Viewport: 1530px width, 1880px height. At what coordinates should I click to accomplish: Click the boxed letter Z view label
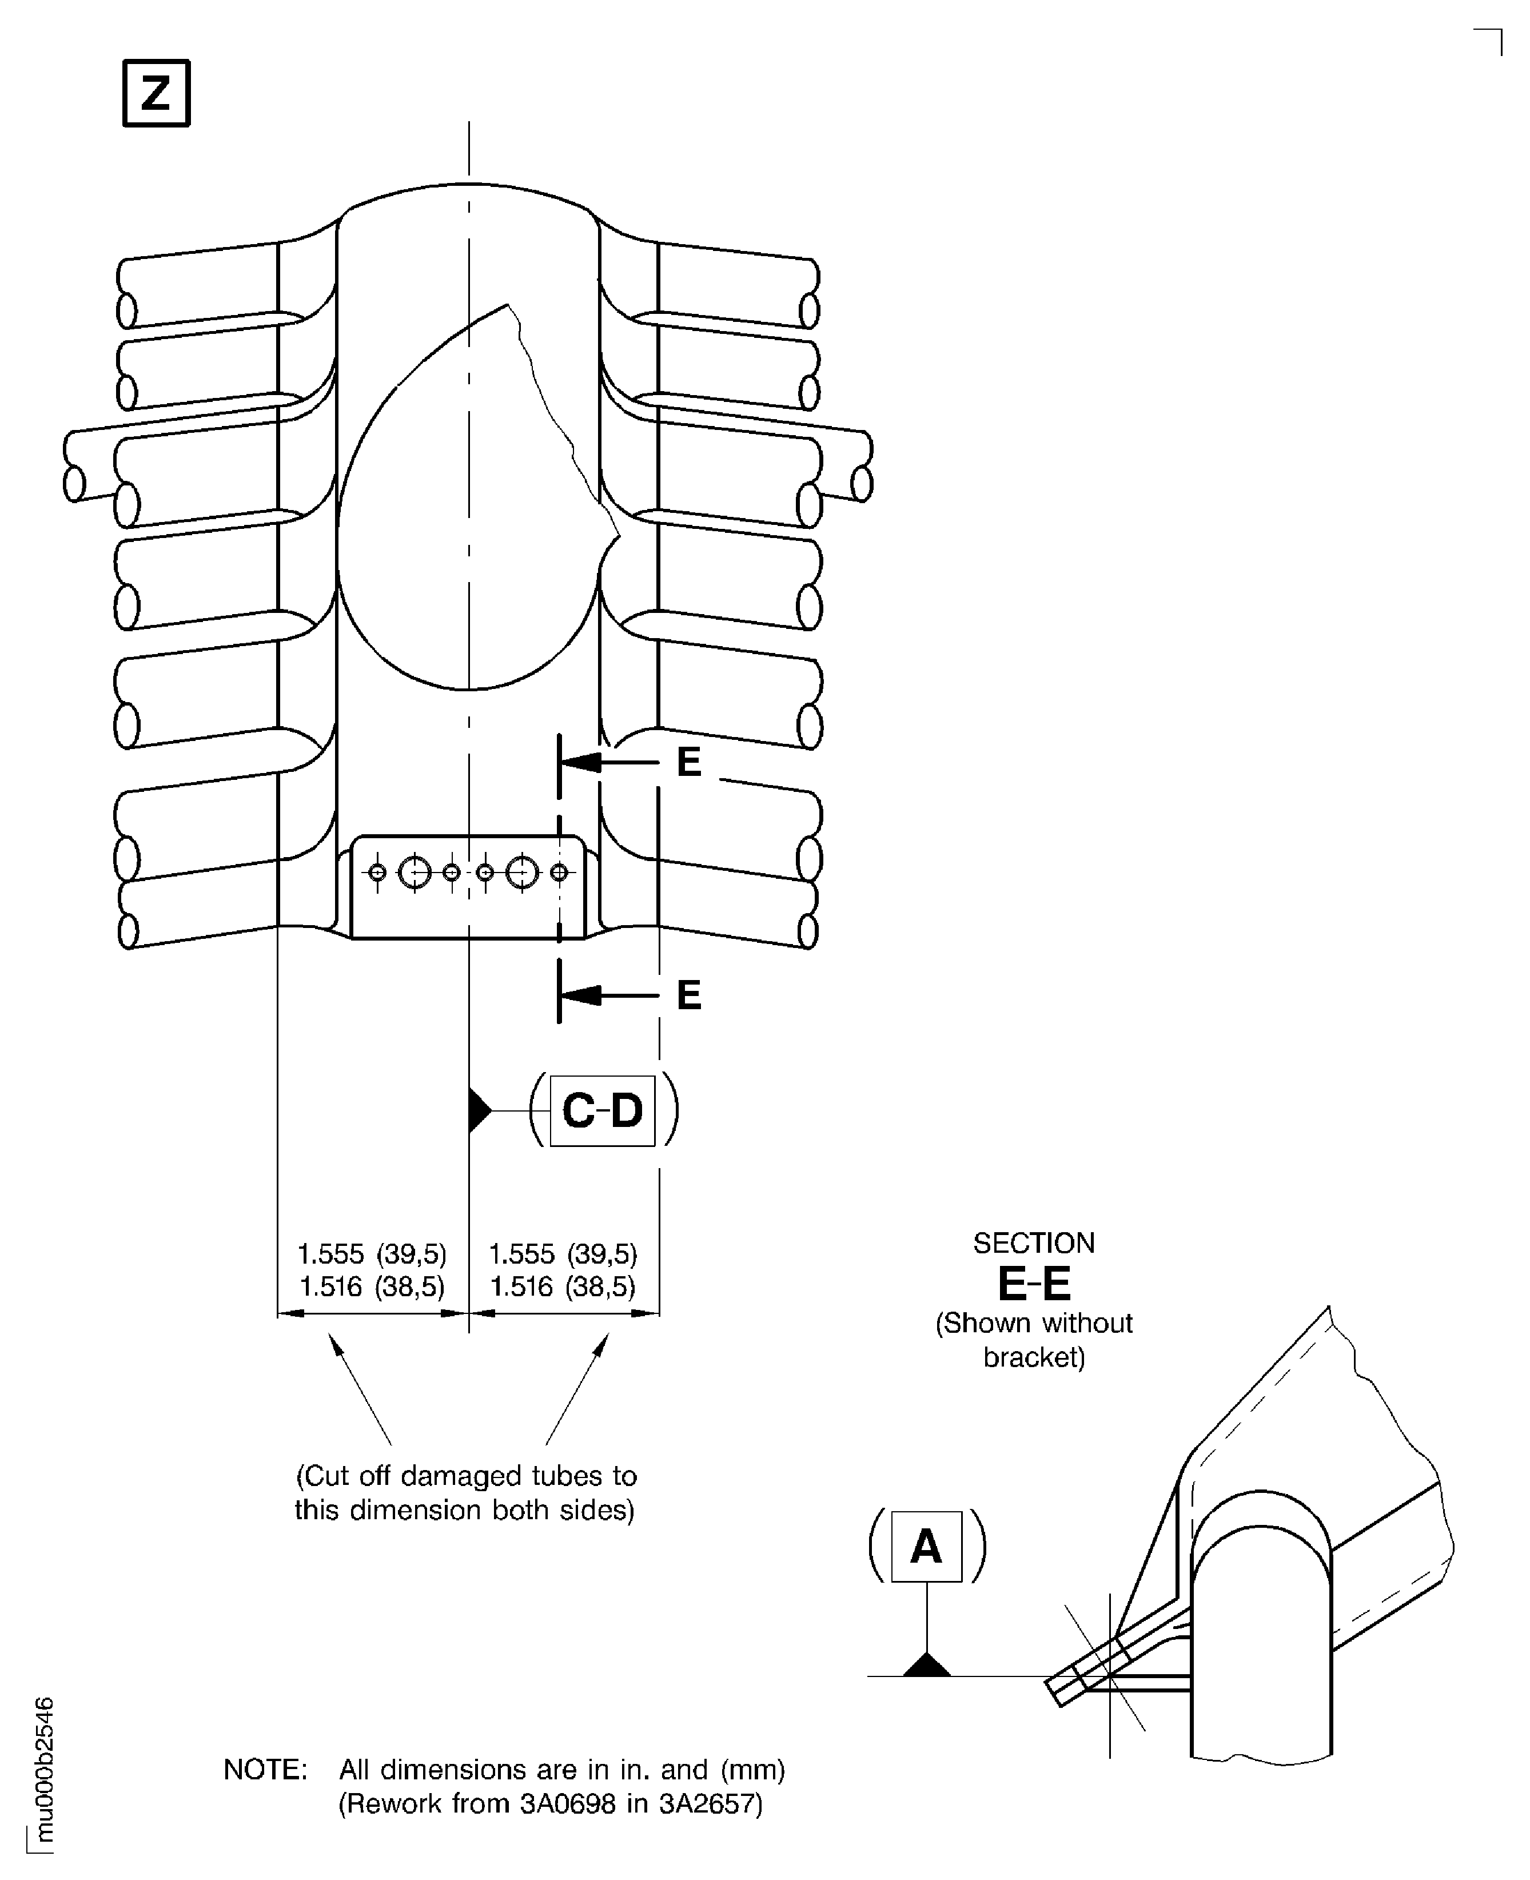[156, 93]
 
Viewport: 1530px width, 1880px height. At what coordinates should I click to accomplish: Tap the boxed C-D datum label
[602, 1110]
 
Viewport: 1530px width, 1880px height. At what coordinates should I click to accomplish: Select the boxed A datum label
[926, 1546]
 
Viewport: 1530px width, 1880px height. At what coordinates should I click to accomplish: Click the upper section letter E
[689, 762]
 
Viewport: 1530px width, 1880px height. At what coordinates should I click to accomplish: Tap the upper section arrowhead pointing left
[581, 762]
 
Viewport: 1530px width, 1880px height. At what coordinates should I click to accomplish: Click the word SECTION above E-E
[1034, 1243]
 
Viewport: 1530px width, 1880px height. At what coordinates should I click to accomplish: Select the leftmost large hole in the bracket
[414, 873]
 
